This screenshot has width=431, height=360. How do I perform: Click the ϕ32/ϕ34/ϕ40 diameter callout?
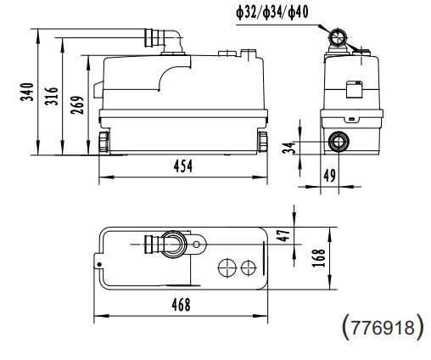[x=284, y=13]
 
